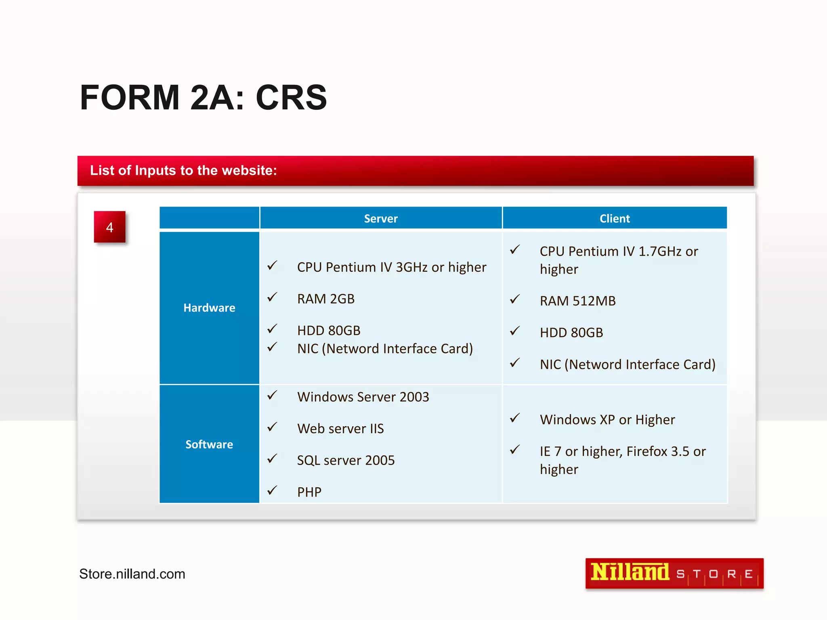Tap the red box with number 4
[109, 227]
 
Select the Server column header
[381, 218]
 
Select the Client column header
[614, 218]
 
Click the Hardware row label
[209, 308]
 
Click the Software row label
[209, 444]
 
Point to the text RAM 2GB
[325, 299]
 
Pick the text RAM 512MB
[577, 301]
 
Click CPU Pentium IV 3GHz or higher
[391, 267]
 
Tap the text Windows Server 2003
[363, 397]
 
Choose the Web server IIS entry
[340, 428]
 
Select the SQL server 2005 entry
[346, 460]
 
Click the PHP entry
[309, 492]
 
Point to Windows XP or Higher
[607, 419]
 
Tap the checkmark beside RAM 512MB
[514, 299]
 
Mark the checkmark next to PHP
[272, 490]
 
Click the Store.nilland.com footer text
[132, 574]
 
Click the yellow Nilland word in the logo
[630, 572]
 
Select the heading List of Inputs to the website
[183, 170]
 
